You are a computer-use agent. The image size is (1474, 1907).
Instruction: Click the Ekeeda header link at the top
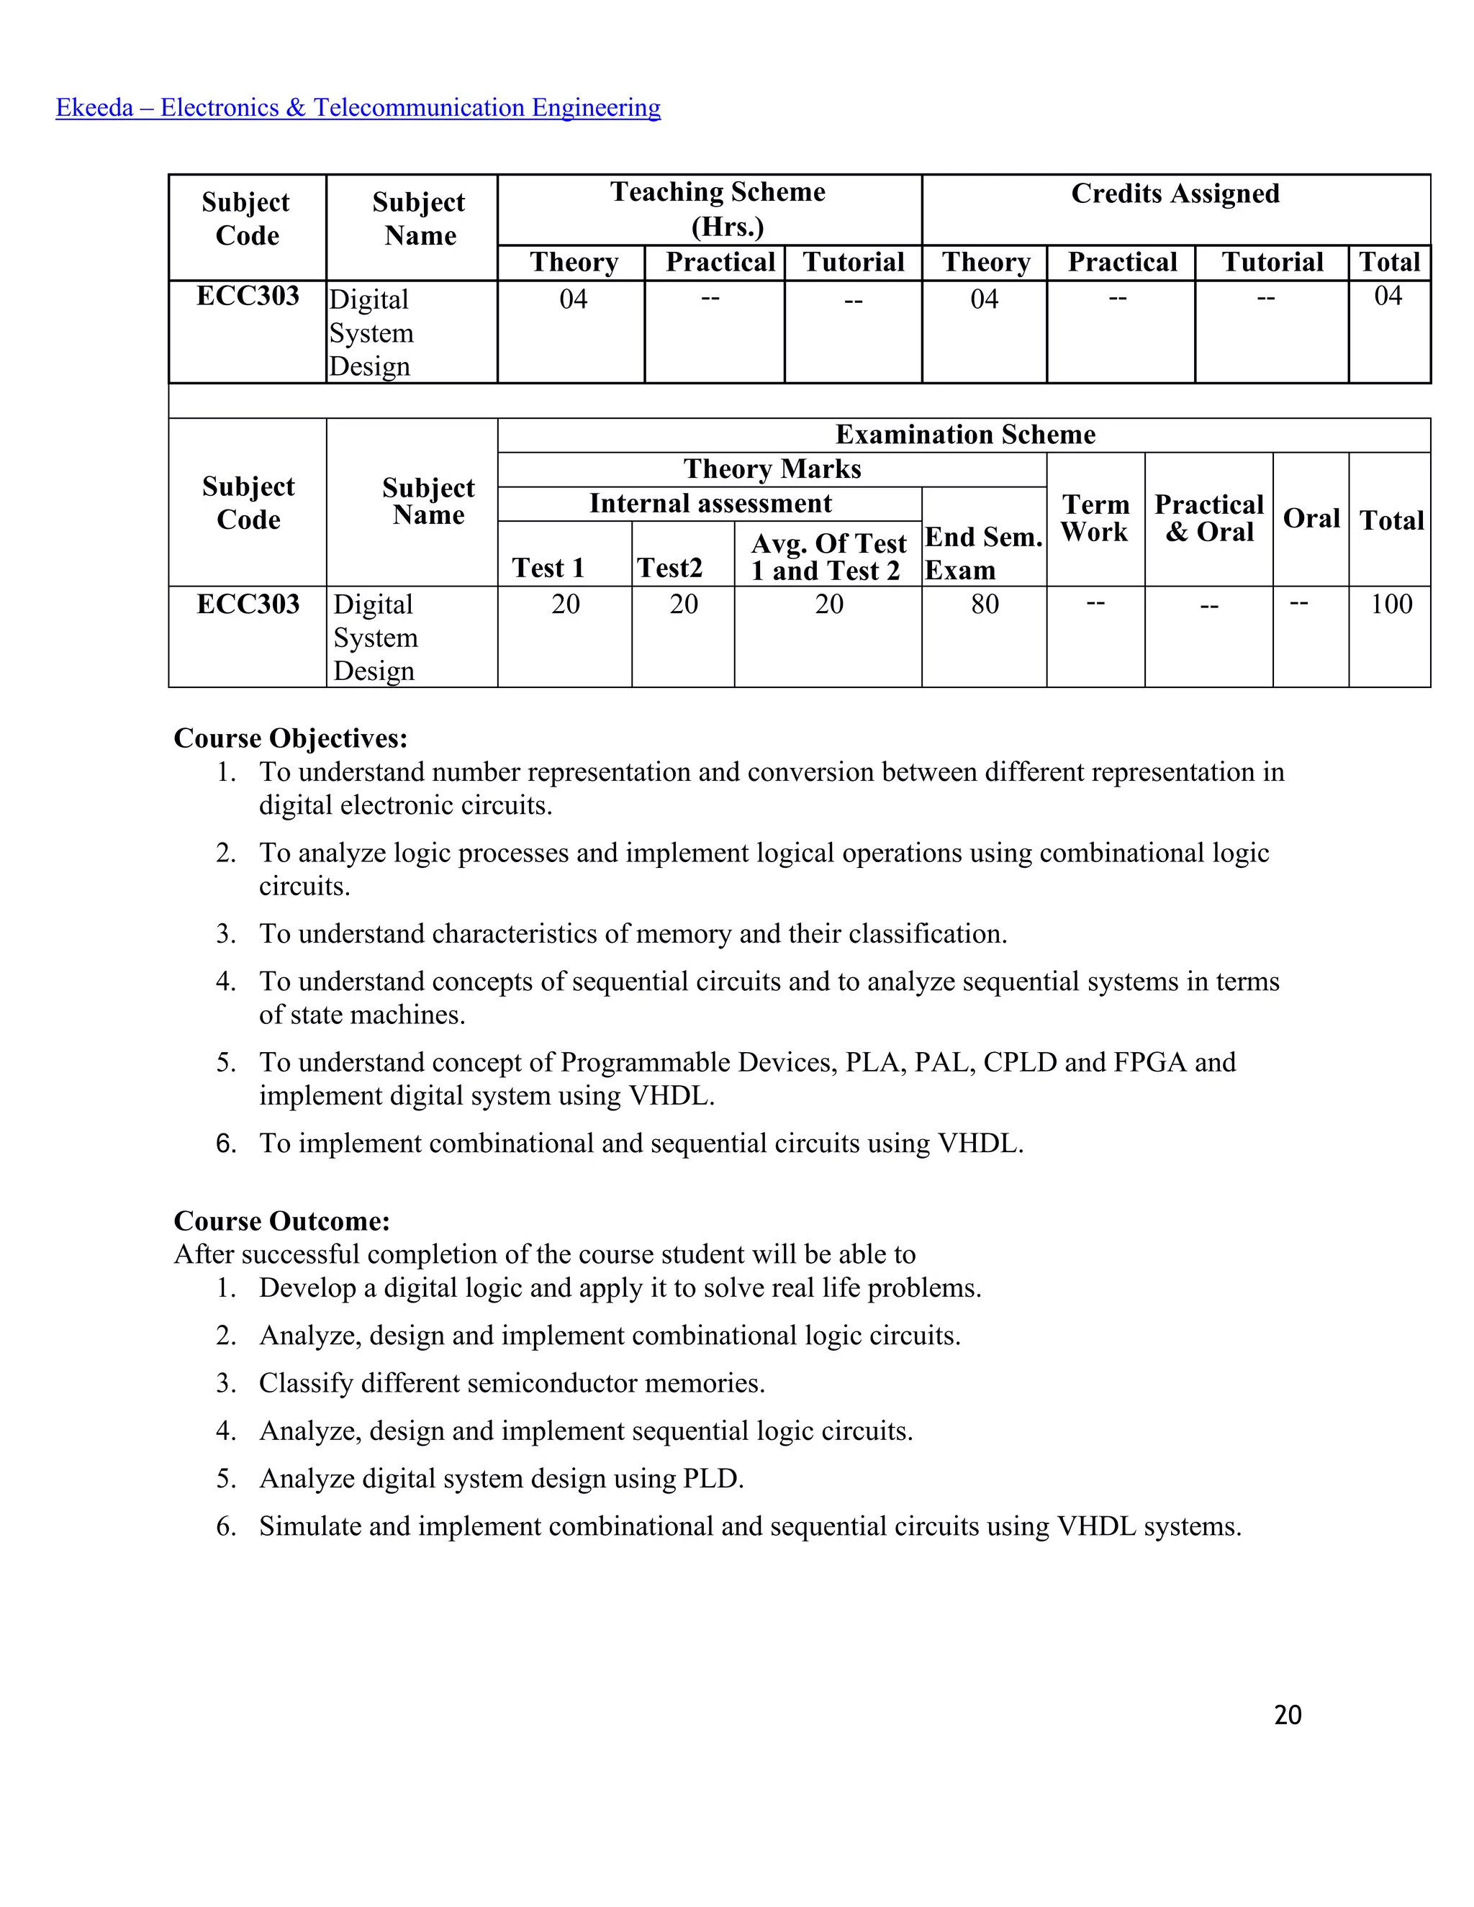tap(358, 107)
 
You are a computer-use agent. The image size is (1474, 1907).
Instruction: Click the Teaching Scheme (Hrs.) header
tap(718, 209)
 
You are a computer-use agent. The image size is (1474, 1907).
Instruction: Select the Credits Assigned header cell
tap(1175, 193)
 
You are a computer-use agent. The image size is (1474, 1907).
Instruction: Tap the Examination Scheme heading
tap(965, 434)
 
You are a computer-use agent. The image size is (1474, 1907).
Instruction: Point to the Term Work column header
tap(1095, 518)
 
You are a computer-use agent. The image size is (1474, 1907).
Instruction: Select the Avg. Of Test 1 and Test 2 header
tap(828, 556)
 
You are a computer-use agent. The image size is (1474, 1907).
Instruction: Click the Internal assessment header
tap(710, 503)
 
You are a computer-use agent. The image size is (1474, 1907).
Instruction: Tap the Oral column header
tap(1311, 518)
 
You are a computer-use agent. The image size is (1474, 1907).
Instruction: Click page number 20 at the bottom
tap(1287, 1715)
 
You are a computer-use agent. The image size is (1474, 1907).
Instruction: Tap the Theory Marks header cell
tap(772, 469)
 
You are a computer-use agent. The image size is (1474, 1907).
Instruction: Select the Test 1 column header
tap(548, 568)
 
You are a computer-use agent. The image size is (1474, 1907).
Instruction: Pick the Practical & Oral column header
tap(1208, 518)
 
